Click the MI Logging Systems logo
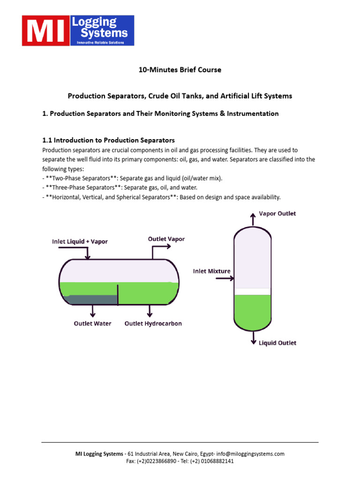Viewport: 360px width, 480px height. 78,30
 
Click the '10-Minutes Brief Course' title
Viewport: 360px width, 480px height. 180,70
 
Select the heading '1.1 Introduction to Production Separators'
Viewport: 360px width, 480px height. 108,140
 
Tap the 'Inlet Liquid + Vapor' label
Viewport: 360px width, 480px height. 80,242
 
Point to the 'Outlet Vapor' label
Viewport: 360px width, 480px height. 166,239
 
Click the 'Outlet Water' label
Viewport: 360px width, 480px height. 93,323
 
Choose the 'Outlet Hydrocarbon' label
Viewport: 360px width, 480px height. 153,323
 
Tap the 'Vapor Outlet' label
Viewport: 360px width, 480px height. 277,214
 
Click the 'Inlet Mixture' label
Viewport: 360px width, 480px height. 211,271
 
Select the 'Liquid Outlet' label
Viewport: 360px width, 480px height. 277,343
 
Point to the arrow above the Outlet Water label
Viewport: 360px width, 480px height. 93,310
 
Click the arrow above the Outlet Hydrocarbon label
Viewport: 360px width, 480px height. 150,310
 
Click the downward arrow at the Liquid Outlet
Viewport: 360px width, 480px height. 253,337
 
